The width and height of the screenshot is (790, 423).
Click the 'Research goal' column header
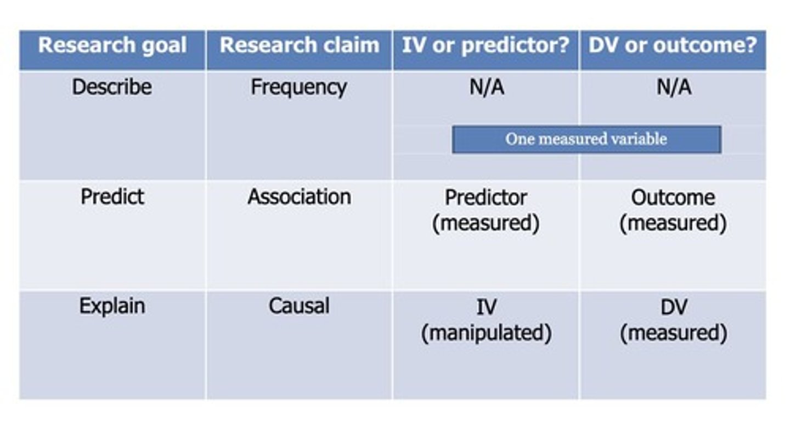(112, 46)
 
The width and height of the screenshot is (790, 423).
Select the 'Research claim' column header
(299, 46)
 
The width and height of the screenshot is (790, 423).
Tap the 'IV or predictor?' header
(486, 46)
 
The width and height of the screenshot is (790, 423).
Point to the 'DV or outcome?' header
(673, 46)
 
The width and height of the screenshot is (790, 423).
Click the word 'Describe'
(112, 87)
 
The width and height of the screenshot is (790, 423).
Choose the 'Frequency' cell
(299, 88)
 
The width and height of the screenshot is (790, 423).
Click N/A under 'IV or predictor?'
(487, 87)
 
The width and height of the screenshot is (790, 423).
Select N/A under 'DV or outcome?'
(674, 87)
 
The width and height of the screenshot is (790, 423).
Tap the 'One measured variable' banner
(586, 139)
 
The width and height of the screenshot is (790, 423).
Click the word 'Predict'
(112, 197)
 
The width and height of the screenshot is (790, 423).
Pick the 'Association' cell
(299, 197)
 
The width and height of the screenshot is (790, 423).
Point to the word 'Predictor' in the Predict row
(486, 198)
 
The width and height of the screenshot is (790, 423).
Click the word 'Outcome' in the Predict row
(673, 198)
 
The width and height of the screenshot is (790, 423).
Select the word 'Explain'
(112, 306)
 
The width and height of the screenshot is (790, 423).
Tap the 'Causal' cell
(299, 306)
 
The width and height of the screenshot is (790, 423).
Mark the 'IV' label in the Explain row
(486, 307)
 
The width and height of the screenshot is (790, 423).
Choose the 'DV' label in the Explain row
(673, 307)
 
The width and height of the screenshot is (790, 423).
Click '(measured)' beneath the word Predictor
(486, 224)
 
